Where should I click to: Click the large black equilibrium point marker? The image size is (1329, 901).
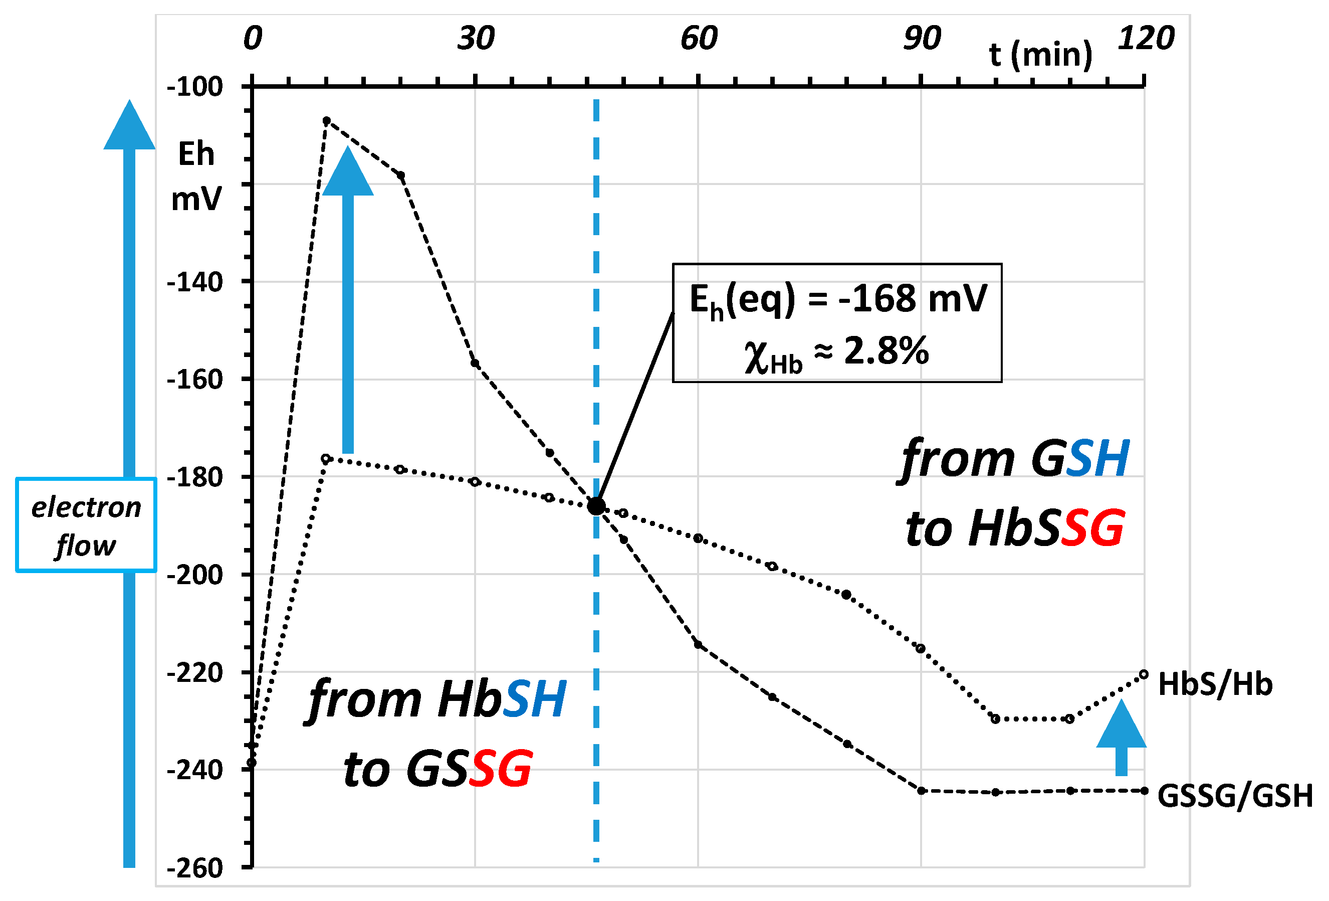point(596,506)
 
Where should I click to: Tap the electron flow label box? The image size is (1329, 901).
point(86,525)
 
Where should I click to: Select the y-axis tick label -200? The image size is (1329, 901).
point(194,575)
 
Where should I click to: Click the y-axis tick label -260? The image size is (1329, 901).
point(194,868)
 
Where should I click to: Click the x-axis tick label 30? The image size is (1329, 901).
point(475,39)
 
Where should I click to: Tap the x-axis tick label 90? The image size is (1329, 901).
point(921,39)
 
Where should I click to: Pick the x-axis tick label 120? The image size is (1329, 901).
point(1146,39)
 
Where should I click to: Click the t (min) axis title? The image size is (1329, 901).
point(1041,55)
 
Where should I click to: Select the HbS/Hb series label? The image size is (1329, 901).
point(1215,684)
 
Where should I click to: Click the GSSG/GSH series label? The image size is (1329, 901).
point(1235,796)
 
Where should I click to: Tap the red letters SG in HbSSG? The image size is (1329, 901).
point(1092,527)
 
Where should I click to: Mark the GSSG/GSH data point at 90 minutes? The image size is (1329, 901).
point(921,791)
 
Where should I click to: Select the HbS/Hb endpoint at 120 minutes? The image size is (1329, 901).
point(1144,674)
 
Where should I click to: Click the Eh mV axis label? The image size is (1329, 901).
point(195,176)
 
